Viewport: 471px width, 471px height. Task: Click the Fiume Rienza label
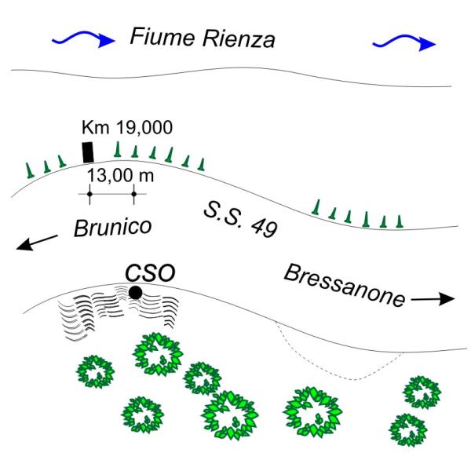click(x=202, y=37)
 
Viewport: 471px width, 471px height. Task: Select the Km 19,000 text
click(x=127, y=126)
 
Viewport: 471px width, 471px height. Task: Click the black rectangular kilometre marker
click(x=88, y=152)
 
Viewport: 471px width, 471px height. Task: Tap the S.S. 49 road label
click(x=239, y=217)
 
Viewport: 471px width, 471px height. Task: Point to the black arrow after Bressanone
click(x=433, y=299)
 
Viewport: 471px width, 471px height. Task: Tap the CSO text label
click(x=151, y=272)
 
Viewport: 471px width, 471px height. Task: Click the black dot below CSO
click(x=135, y=293)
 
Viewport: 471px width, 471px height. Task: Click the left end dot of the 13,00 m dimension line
click(x=89, y=193)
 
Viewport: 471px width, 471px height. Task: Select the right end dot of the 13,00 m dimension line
click(x=134, y=193)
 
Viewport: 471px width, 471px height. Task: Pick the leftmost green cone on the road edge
click(x=29, y=170)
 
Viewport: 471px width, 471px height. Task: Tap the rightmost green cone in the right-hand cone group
click(x=400, y=221)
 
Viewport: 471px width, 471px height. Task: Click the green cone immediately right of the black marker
click(x=118, y=150)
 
